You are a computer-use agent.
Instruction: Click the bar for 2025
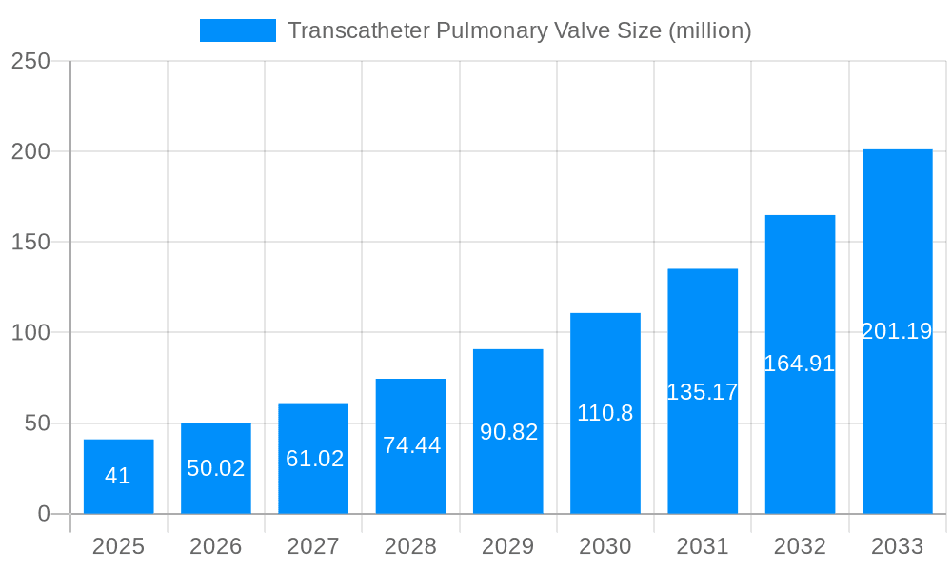point(118,476)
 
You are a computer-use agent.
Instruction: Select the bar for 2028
point(410,446)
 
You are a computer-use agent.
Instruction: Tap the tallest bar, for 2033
point(897,331)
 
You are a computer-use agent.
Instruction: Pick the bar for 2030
point(605,413)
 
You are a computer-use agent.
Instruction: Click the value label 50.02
point(216,468)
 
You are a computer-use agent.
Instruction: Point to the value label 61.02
point(314,459)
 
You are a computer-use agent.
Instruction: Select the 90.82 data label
point(508,432)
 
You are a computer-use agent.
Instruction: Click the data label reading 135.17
point(703,392)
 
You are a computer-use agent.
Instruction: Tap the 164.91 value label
point(800,364)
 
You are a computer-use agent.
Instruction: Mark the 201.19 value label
point(897,331)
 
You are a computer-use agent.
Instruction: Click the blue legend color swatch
point(237,30)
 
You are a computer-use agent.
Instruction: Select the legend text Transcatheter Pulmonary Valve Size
point(519,30)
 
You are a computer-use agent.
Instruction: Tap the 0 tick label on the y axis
point(43,514)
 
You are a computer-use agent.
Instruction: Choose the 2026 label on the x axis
point(216,546)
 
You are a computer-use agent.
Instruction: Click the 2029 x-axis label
point(508,546)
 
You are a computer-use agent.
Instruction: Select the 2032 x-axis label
point(800,546)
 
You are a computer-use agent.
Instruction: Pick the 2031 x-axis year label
point(703,546)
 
